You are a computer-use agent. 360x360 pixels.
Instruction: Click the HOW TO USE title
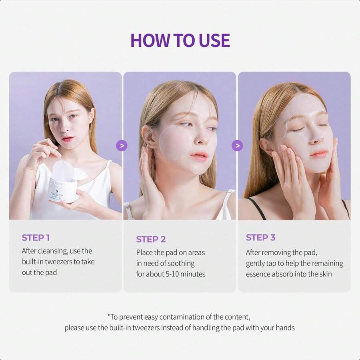coord(180,40)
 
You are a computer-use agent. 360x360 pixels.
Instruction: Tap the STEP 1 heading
coord(36,238)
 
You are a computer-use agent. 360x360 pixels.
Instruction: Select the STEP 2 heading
coord(150,239)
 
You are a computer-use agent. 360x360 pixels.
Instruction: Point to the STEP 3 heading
coord(260,237)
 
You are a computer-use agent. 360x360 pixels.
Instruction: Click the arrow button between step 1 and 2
coord(122,146)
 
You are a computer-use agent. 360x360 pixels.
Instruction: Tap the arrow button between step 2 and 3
coord(237,146)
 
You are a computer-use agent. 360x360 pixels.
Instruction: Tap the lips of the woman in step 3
coord(319,154)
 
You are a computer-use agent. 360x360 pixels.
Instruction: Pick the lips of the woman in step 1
coord(68,139)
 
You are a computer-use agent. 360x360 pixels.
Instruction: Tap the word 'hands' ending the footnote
coord(285,328)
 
